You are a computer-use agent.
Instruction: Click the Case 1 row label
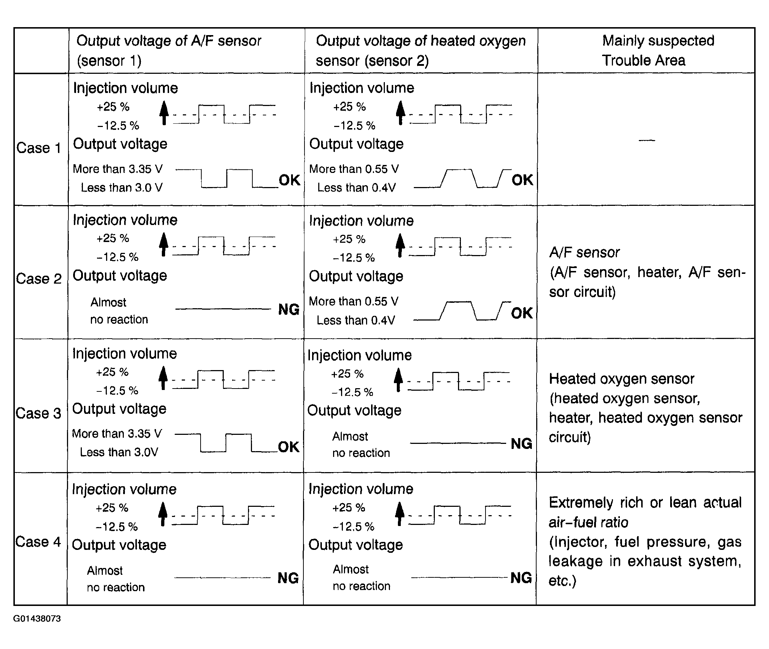[x=38, y=148]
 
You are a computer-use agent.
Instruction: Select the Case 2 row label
[x=38, y=279]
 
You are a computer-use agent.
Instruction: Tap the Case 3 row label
[x=38, y=413]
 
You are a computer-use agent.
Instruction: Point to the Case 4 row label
[x=38, y=542]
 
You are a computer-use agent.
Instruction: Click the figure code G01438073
[x=37, y=619]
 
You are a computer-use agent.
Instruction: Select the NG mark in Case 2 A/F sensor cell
[x=289, y=309]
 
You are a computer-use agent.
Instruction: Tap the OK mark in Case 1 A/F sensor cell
[x=289, y=180]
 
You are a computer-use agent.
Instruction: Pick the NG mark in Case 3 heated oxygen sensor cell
[x=521, y=443]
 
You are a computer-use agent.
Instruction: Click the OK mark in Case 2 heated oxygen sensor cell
[x=522, y=313]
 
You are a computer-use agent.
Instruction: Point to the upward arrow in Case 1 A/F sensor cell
[x=164, y=113]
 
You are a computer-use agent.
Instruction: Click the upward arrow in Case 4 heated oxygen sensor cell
[x=400, y=514]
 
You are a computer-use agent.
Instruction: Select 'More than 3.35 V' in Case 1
[x=117, y=169]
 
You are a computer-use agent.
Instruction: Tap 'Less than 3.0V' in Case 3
[x=119, y=452]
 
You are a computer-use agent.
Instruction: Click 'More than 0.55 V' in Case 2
[x=353, y=301]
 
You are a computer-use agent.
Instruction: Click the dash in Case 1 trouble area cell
[x=647, y=140]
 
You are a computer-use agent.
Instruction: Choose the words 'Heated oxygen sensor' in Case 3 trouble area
[x=621, y=379]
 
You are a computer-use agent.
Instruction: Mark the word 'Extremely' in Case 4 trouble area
[x=581, y=502]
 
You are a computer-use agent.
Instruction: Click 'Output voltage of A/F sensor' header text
[x=169, y=41]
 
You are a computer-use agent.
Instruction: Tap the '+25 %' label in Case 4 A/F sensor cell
[x=112, y=508]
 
